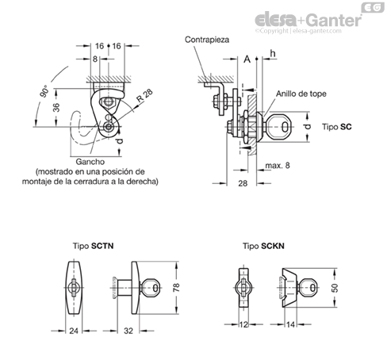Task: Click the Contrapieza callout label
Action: (x=207, y=40)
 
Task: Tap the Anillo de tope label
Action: (x=301, y=94)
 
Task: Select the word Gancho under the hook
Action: (x=90, y=162)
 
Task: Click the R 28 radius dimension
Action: (x=144, y=96)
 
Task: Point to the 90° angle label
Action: (x=44, y=91)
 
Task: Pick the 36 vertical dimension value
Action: (x=56, y=108)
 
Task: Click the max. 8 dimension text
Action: (x=278, y=166)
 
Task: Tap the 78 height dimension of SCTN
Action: (x=176, y=287)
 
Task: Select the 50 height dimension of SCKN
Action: (x=335, y=288)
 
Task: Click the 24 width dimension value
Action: (x=74, y=331)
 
